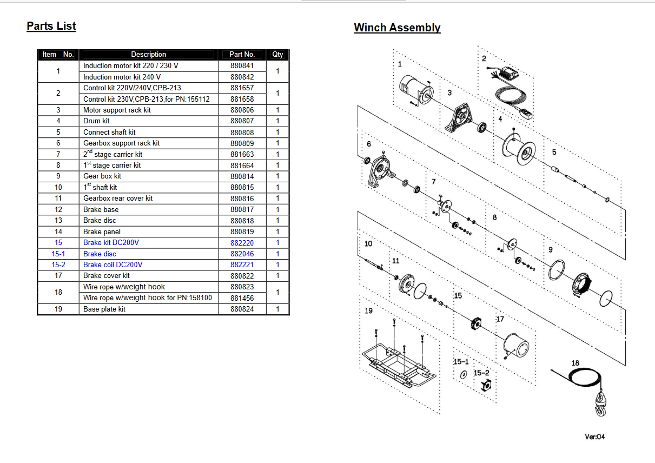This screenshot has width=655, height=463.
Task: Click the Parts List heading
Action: [x=51, y=26]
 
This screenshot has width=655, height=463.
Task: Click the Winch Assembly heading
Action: [x=397, y=28]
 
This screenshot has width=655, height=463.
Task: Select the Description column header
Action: [x=148, y=54]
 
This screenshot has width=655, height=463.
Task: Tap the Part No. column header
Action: [x=242, y=54]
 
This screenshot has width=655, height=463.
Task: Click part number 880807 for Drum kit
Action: [x=242, y=121]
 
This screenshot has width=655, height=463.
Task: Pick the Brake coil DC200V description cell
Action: [x=113, y=264]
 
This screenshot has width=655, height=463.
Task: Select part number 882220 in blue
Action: [x=242, y=243]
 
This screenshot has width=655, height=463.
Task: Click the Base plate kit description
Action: [x=104, y=309]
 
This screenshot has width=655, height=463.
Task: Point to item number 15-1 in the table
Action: [x=58, y=254]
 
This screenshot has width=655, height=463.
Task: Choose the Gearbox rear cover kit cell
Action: [x=118, y=198]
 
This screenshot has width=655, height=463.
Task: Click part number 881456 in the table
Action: [x=242, y=298]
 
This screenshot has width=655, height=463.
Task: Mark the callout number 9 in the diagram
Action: [x=550, y=250]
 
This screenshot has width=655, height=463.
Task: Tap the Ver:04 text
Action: [x=594, y=436]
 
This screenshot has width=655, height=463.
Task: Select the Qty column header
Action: [x=277, y=54]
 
